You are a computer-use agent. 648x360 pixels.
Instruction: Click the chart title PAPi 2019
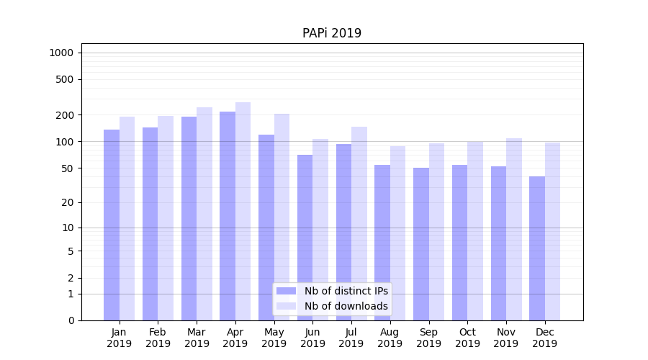(331, 33)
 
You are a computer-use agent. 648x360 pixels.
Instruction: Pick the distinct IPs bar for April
(228, 216)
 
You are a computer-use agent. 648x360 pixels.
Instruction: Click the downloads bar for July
(359, 223)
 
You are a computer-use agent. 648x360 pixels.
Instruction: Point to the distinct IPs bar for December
(537, 248)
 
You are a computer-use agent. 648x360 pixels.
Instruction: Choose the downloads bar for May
(282, 217)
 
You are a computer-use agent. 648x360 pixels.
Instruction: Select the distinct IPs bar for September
(421, 244)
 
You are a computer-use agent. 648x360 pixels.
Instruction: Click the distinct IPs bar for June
(305, 238)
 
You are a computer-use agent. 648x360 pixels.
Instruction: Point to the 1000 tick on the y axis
(61, 53)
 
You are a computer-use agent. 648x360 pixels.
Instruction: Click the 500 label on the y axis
(64, 79)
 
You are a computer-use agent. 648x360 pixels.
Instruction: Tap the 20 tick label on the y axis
(67, 202)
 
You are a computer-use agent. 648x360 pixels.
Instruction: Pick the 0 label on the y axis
(70, 320)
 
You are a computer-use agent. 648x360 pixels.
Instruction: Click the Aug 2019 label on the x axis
(390, 338)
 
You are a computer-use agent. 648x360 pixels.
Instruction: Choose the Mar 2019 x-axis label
(197, 338)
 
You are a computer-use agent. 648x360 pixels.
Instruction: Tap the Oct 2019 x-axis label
(467, 338)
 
